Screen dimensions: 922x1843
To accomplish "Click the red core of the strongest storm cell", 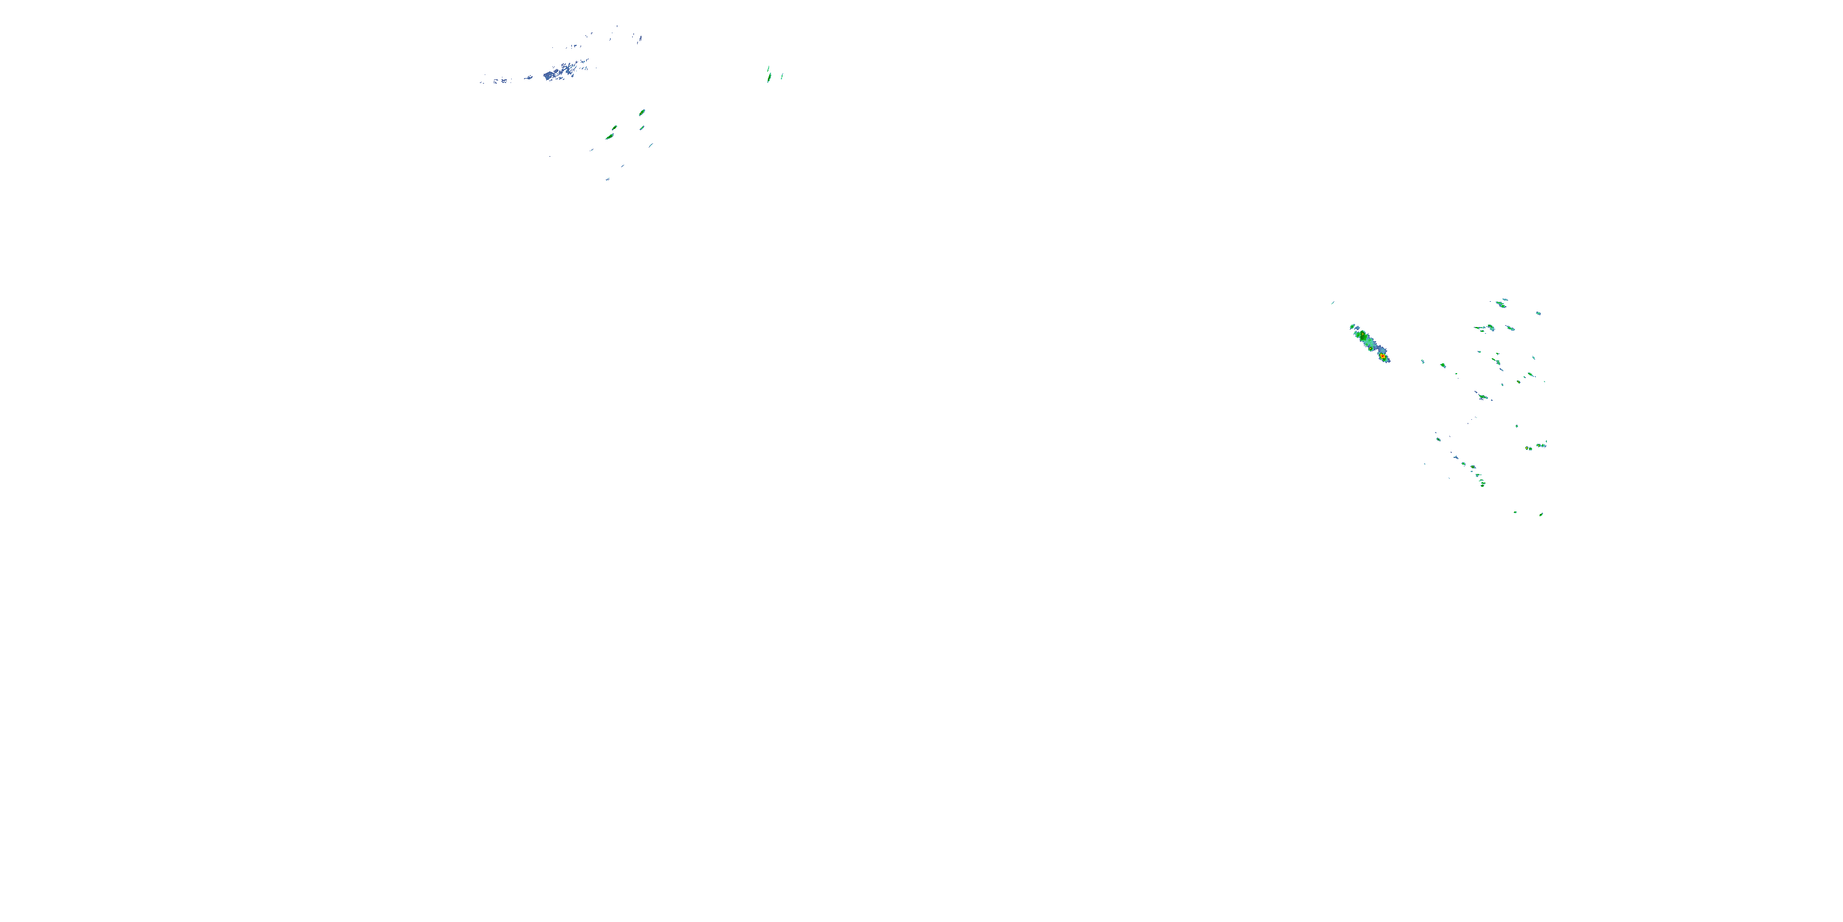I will pos(1383,357).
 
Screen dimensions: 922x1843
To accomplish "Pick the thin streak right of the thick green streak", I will pos(781,76).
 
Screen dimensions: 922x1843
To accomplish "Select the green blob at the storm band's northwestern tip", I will pos(1352,326).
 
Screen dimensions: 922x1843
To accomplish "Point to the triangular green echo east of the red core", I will pos(1443,365).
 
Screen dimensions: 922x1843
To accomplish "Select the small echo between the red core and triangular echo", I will pos(1422,361).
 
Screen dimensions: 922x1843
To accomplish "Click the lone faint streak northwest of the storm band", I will pos(1332,302).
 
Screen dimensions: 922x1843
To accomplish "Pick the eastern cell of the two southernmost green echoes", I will pos(1540,514).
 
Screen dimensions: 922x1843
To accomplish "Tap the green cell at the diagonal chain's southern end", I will pos(1482,484).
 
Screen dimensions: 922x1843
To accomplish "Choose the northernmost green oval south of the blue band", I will pos(642,112).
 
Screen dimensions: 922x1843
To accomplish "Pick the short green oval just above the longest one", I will pos(614,127).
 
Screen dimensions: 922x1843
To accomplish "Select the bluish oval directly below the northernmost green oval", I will pos(641,128).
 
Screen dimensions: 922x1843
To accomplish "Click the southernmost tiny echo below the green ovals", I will pos(608,179).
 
